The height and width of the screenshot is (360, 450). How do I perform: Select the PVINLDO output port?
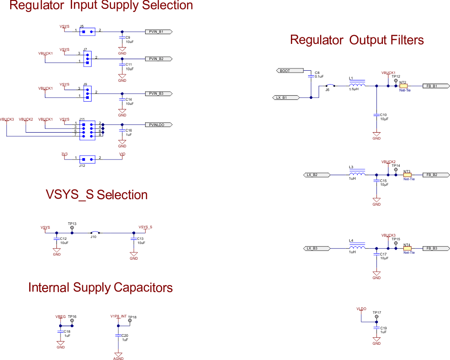(x=159, y=125)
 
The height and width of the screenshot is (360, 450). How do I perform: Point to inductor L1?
(x=357, y=85)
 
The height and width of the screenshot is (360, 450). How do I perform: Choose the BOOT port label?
(x=290, y=71)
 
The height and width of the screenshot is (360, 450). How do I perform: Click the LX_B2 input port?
(x=316, y=175)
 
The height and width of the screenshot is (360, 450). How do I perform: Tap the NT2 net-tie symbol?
(x=403, y=86)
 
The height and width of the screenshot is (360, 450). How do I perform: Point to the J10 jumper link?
(x=94, y=232)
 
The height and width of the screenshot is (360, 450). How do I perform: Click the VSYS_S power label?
(x=145, y=227)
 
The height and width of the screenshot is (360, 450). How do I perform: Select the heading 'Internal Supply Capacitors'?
(x=100, y=287)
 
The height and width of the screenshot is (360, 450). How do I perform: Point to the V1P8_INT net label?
(x=118, y=316)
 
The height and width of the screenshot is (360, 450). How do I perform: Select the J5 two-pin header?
(x=87, y=32)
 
